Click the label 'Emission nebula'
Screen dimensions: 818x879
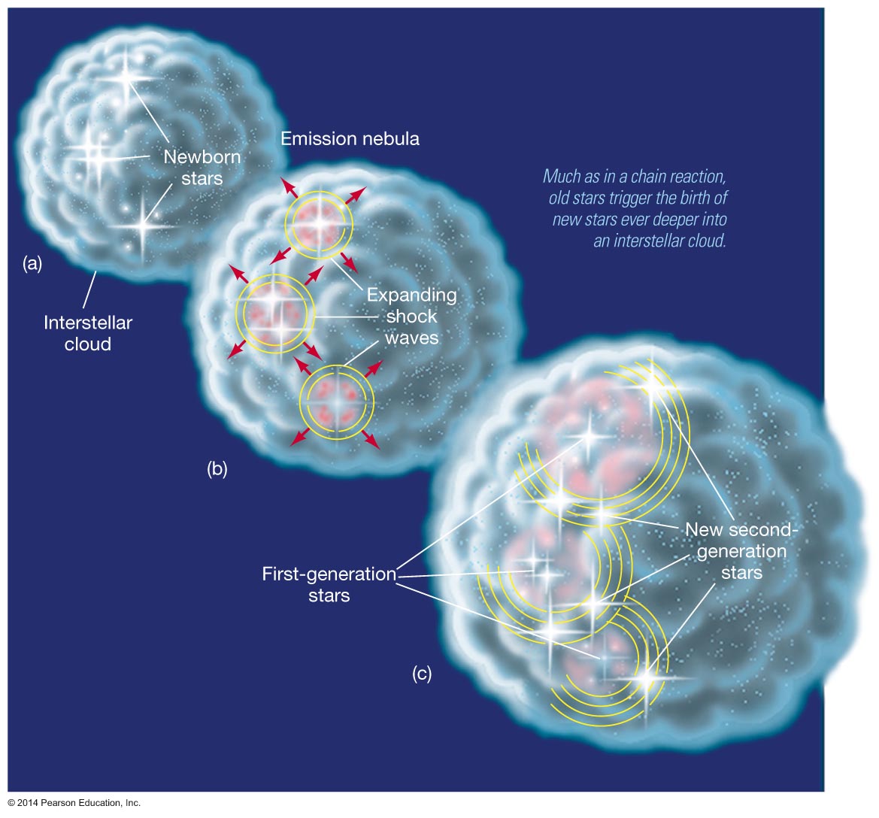pyautogui.click(x=350, y=138)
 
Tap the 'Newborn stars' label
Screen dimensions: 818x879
pyautogui.click(x=202, y=168)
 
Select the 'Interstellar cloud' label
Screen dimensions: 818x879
pyautogui.click(x=88, y=333)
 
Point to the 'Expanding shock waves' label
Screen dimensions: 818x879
pyautogui.click(x=411, y=316)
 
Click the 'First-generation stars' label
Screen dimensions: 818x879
pyautogui.click(x=329, y=584)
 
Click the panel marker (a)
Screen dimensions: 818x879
pyautogui.click(x=32, y=263)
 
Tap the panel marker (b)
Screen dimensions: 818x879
pyautogui.click(x=217, y=470)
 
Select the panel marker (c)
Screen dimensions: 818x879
pyautogui.click(x=422, y=674)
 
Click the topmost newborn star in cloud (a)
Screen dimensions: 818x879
pyautogui.click(x=126, y=75)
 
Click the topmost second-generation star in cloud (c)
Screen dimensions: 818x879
pyautogui.click(x=654, y=386)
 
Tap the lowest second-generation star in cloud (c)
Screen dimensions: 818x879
pyautogui.click(x=645, y=677)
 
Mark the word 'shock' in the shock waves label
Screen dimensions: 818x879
pyautogui.click(x=411, y=316)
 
